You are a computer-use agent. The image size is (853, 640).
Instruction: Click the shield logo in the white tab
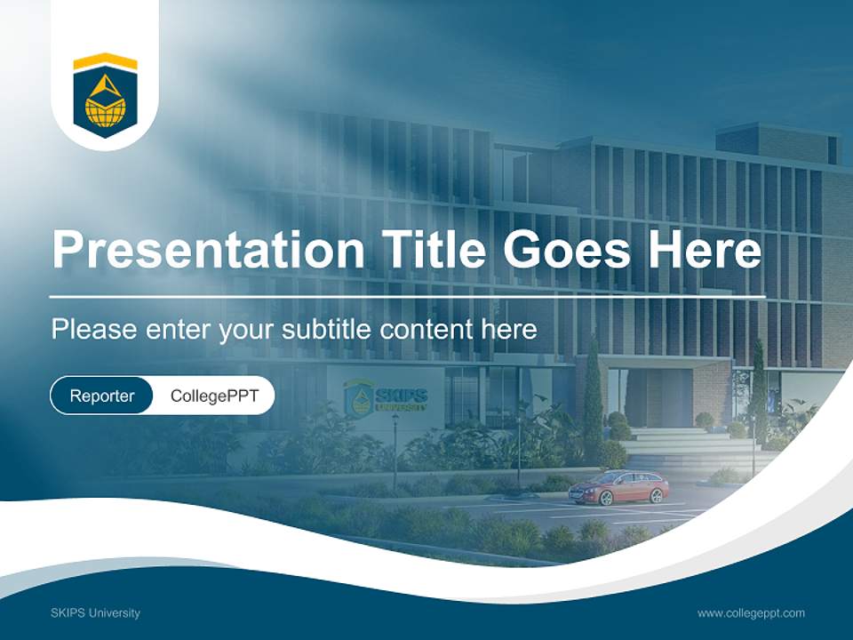click(105, 96)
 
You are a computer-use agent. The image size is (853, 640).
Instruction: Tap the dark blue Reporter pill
click(102, 396)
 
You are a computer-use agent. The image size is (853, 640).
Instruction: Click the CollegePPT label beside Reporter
click(214, 396)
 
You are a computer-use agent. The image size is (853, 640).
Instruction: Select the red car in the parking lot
click(618, 487)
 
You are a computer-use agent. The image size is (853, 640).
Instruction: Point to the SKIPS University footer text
click(96, 612)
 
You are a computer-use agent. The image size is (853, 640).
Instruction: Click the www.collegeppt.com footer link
click(751, 612)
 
